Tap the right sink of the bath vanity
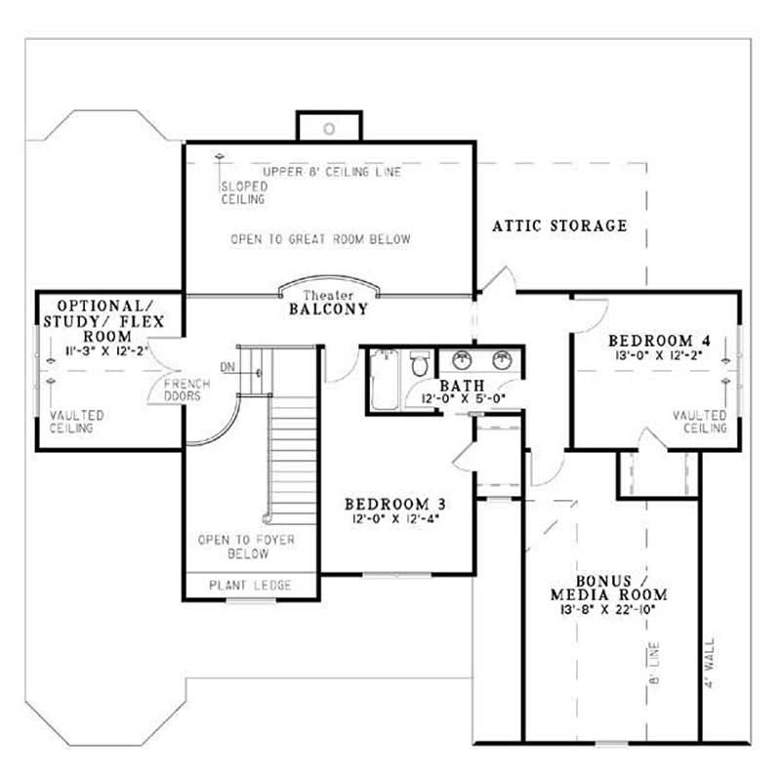(503, 360)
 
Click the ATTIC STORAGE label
(559, 225)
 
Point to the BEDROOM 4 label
(658, 341)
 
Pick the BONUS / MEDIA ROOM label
(609, 587)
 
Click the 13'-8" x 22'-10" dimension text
(609, 609)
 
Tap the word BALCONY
(328, 308)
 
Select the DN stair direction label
(227, 367)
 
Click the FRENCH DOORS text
(183, 389)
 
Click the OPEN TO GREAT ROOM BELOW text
(321, 239)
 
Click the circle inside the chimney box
(330, 129)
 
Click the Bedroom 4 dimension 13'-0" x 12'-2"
(658, 356)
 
